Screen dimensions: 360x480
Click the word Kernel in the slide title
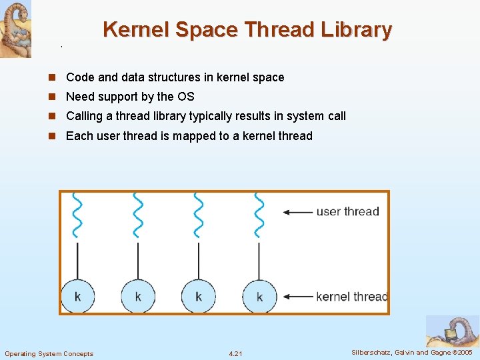[x=136, y=30]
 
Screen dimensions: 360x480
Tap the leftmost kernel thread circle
[x=78, y=296]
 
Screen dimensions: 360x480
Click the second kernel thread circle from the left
[x=138, y=296]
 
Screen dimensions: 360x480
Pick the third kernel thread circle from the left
[x=198, y=296]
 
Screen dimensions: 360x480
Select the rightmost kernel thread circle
[x=259, y=296]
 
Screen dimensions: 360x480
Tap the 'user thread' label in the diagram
[x=347, y=212]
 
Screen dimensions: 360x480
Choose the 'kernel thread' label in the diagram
[x=351, y=296]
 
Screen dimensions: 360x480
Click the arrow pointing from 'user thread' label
[x=297, y=212]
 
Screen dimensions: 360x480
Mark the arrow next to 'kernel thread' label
[x=297, y=296]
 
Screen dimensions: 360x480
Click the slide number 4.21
[x=235, y=353]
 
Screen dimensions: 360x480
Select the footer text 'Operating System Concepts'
[x=49, y=353]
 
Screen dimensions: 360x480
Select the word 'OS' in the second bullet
[x=186, y=97]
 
